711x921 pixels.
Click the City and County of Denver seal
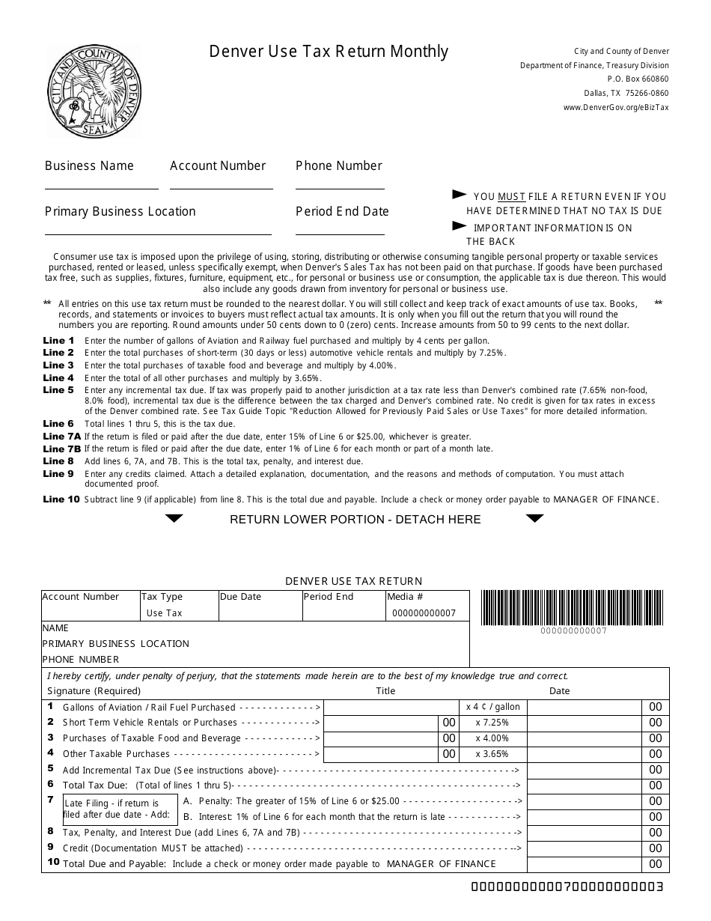[94, 90]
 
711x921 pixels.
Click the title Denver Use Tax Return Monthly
[329, 51]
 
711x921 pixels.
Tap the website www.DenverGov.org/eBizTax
[616, 107]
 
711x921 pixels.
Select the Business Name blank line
[102, 188]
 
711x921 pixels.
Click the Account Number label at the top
[218, 165]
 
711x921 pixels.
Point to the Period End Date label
[342, 211]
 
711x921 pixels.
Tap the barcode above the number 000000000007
[572, 607]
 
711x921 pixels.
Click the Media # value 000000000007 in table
[424, 613]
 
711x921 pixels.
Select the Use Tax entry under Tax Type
[164, 613]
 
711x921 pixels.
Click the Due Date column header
[240, 597]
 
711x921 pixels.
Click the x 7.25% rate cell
[492, 723]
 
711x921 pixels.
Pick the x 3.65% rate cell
[492, 754]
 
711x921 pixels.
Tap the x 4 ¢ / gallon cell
[492, 707]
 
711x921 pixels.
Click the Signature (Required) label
[94, 690]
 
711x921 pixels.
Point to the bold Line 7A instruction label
[62, 437]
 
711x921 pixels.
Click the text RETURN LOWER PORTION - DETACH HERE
[355, 519]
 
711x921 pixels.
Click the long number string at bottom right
[567, 887]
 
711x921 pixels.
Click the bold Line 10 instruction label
[61, 499]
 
